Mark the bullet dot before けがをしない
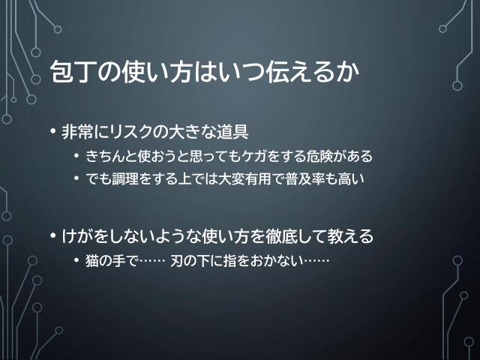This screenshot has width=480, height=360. click(x=52, y=236)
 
